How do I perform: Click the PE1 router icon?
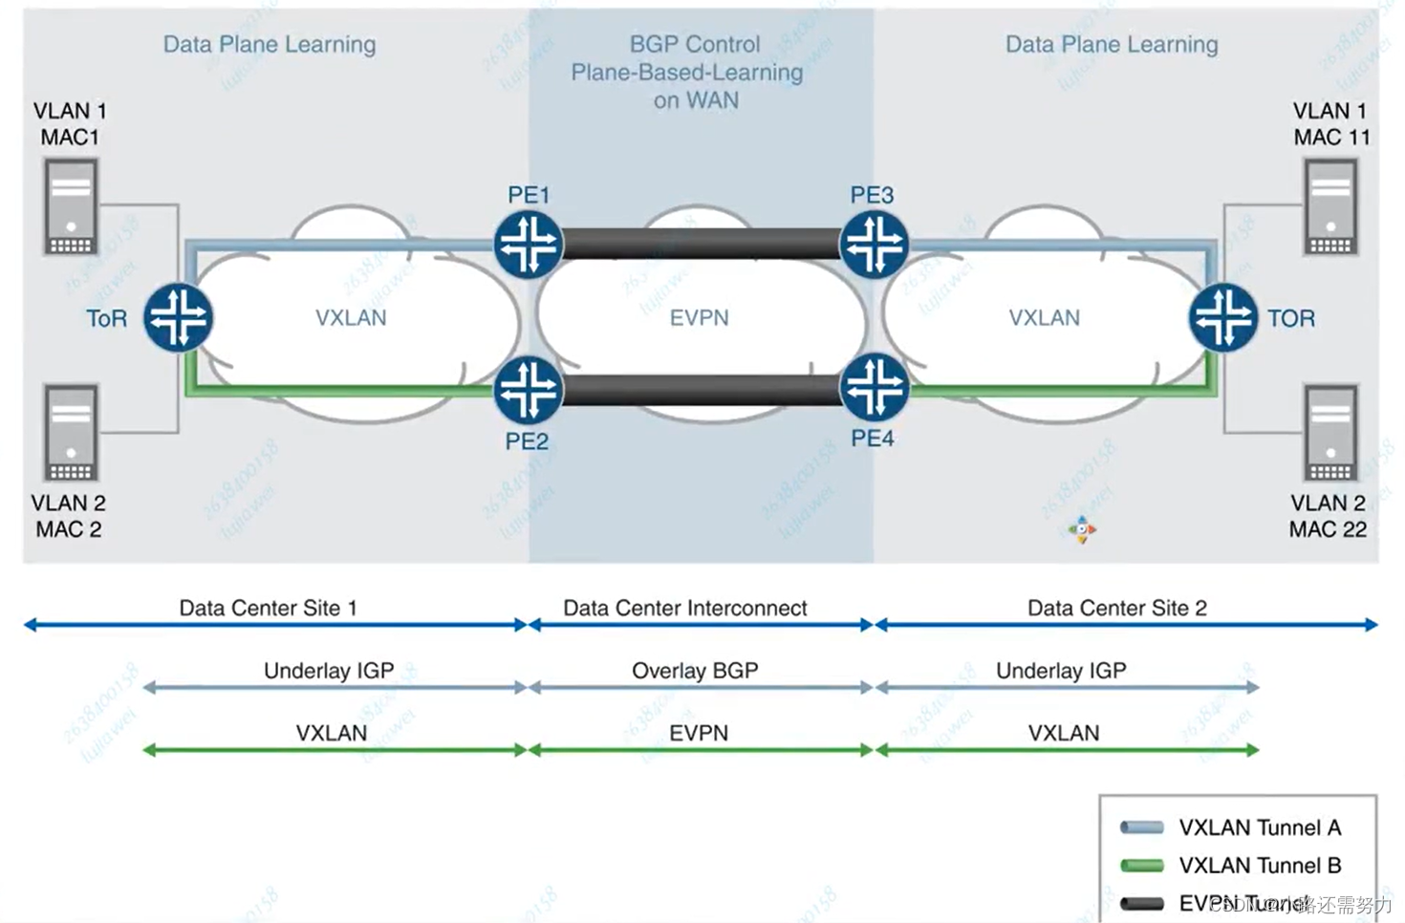click(529, 244)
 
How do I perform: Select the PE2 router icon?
click(528, 390)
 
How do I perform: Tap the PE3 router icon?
click(874, 244)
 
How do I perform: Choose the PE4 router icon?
click(874, 387)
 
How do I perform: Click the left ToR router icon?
click(179, 317)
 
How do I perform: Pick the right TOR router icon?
click(1223, 317)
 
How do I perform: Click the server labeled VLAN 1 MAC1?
click(71, 206)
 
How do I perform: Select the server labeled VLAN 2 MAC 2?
click(71, 433)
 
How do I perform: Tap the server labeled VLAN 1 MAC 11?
click(1330, 206)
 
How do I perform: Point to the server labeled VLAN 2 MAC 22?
click(1330, 433)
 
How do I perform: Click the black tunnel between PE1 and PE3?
click(701, 244)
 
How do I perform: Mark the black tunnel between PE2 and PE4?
click(701, 390)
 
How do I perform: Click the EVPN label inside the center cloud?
click(699, 318)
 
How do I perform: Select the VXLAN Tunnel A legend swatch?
click(1141, 827)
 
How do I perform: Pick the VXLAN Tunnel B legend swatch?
click(1141, 866)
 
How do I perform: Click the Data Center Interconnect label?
click(684, 608)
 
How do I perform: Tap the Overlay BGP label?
click(695, 671)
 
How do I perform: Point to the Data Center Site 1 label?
click(268, 608)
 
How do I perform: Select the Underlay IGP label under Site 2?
click(1061, 671)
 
